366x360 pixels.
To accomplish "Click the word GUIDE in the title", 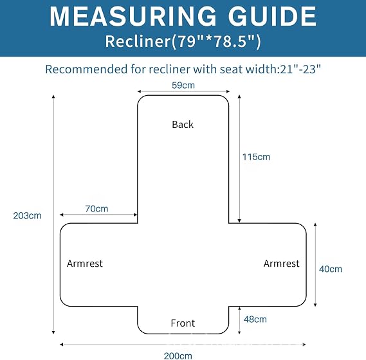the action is click(272, 16).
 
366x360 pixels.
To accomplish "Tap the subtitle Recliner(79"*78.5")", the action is click(183, 41).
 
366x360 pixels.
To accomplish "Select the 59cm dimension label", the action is click(183, 85).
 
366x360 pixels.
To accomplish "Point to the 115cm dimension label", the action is click(256, 157).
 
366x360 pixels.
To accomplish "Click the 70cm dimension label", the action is click(96, 208).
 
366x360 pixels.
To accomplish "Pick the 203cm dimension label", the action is click(27, 215).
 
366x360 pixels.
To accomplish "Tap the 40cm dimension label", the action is click(331, 269).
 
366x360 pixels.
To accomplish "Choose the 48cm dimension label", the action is click(255, 319).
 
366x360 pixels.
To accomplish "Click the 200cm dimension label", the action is click(178, 356).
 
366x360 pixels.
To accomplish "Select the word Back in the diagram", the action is click(183, 124).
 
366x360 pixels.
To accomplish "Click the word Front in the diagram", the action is click(183, 323).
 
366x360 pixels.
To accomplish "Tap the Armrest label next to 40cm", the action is click(282, 264).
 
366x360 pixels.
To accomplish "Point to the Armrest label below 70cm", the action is click(85, 264).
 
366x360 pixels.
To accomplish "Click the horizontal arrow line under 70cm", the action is click(98, 215).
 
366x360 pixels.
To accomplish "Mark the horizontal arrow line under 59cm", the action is click(184, 91).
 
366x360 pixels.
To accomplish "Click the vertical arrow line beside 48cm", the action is click(239, 320).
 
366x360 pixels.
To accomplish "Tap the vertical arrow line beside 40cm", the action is click(315, 265).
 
